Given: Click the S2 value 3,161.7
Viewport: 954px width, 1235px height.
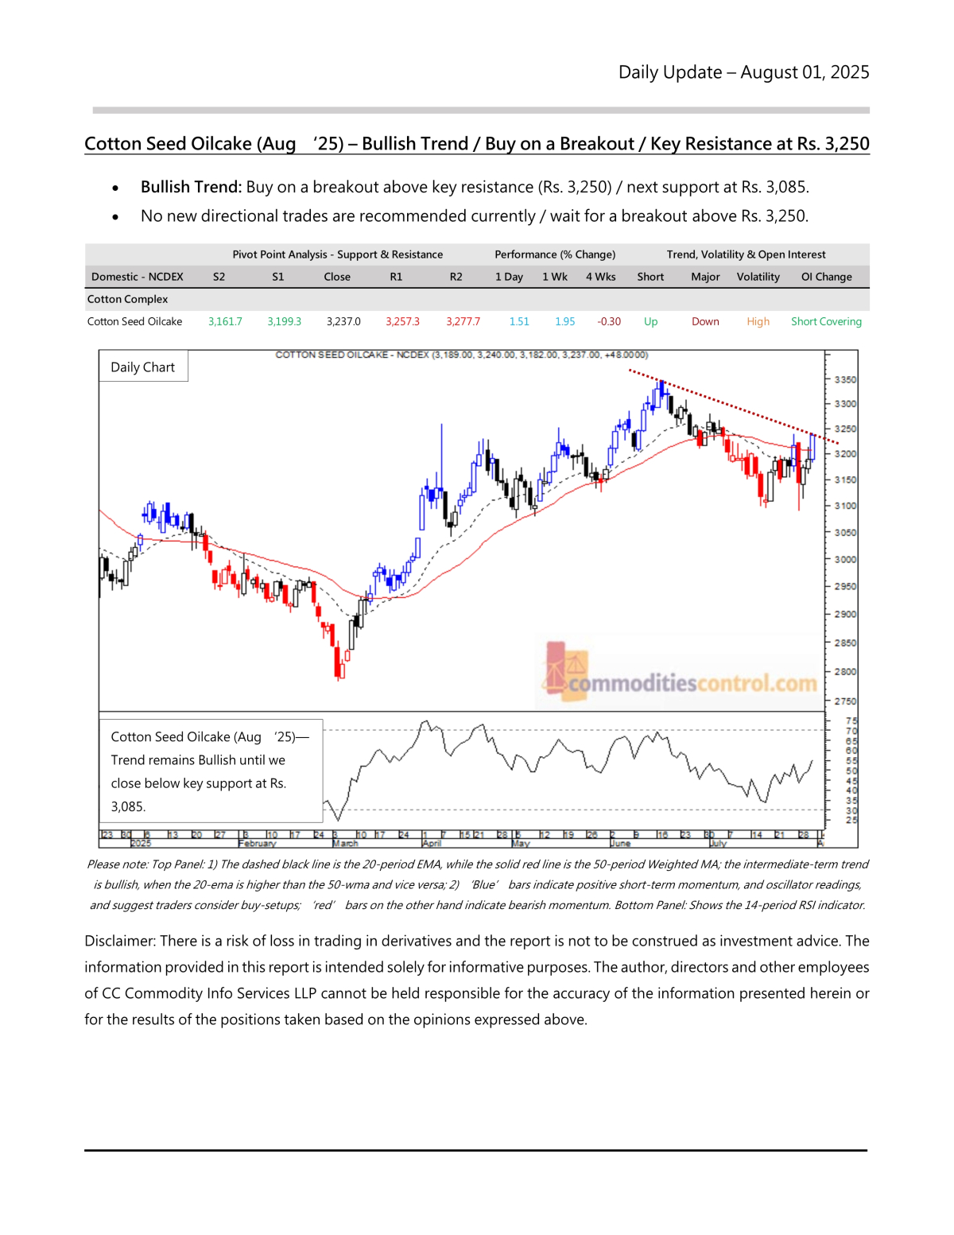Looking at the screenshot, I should (225, 321).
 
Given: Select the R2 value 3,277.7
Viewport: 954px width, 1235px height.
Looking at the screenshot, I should (463, 321).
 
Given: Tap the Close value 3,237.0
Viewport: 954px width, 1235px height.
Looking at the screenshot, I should (343, 321).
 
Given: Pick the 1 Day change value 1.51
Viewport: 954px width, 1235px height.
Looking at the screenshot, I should (519, 321).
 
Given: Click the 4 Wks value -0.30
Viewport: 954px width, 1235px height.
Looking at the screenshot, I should (609, 321).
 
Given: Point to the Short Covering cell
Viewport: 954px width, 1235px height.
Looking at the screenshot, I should (826, 321).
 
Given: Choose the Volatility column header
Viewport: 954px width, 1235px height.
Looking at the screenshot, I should (758, 277).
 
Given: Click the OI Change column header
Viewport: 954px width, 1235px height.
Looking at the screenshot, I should (826, 277).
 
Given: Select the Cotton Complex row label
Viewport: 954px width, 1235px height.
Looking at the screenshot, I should (127, 299).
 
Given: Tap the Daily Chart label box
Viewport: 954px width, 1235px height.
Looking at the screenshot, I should (143, 367).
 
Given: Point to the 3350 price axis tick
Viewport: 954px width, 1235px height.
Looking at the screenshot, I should (845, 380).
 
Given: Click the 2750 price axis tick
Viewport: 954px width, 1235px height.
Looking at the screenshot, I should (845, 701).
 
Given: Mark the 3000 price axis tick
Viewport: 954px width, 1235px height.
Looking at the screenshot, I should (845, 560).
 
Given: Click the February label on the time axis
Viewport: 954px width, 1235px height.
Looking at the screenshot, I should (257, 843).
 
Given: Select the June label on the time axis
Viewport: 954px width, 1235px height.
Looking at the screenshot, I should (620, 843).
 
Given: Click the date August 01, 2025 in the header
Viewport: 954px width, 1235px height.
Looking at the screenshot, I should (805, 72).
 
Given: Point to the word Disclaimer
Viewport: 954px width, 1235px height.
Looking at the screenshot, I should (118, 941).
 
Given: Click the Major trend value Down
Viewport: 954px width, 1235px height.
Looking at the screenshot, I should (705, 321).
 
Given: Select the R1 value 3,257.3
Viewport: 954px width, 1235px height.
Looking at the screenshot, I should (402, 321).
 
